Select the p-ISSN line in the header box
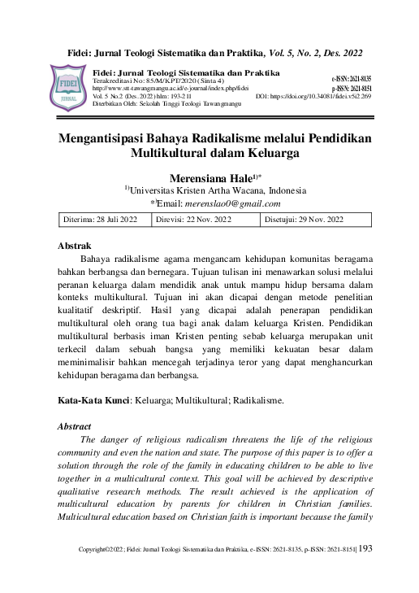click(351, 88)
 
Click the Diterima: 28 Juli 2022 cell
click(101, 220)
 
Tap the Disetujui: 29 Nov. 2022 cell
click(305, 220)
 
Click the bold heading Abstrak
click(75, 245)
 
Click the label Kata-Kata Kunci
click(92, 400)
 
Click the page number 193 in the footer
click(365, 572)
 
